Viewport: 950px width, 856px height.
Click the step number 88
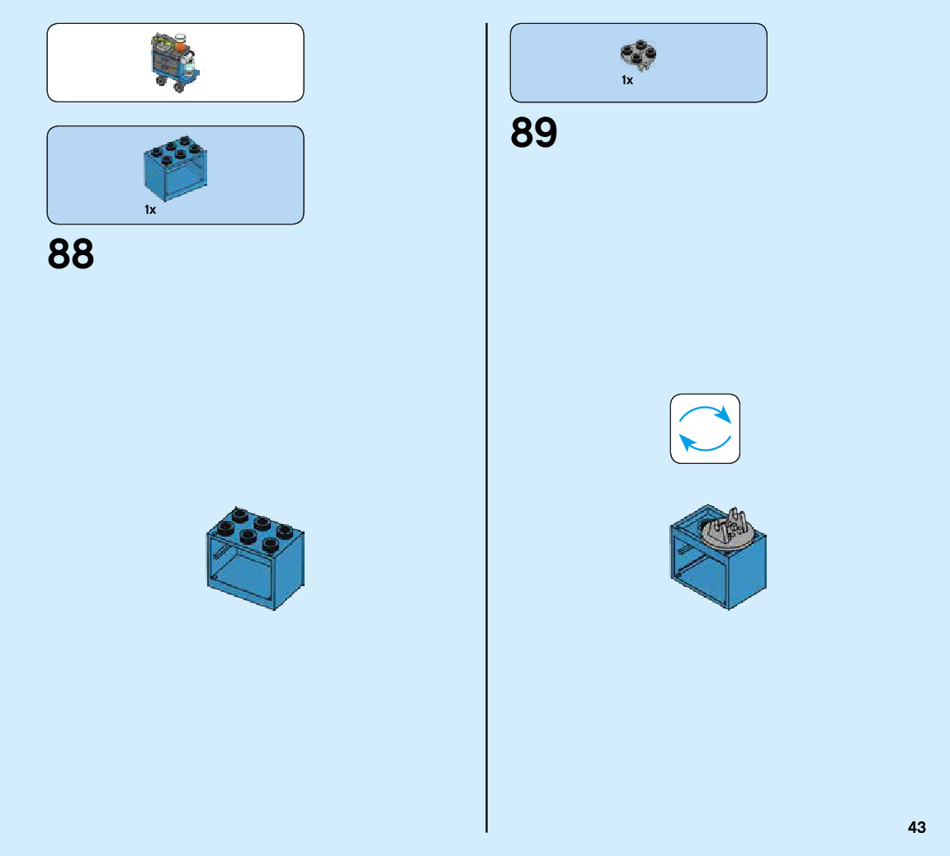coord(71,254)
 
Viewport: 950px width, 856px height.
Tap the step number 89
coord(534,132)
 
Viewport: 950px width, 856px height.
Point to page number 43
coord(916,827)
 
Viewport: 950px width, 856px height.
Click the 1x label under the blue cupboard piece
coord(150,210)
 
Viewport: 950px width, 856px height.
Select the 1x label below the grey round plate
coord(627,80)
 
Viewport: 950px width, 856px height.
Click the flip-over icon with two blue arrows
coord(705,428)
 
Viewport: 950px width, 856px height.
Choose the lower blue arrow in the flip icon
coord(702,444)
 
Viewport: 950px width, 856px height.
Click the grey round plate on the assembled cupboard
coord(727,533)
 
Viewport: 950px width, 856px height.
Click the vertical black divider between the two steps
coord(487,495)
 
